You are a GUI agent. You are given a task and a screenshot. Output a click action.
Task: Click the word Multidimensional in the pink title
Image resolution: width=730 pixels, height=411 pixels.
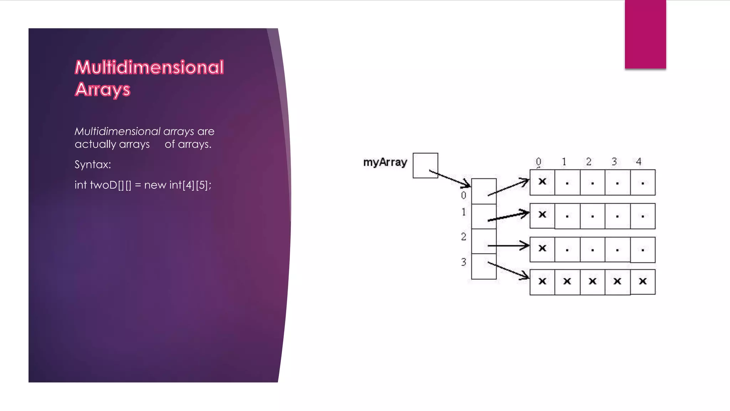[149, 67]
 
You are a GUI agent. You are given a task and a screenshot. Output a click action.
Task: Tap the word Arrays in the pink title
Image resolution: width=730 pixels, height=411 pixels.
[103, 89]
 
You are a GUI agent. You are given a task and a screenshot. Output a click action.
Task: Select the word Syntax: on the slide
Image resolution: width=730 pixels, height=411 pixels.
[93, 164]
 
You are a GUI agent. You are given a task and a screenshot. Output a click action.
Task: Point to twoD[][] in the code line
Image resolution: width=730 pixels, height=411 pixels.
[110, 185]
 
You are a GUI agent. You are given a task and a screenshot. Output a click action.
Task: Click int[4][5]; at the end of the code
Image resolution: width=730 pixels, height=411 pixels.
[190, 185]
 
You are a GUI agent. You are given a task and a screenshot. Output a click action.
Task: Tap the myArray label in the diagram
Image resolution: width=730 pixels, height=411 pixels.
[385, 162]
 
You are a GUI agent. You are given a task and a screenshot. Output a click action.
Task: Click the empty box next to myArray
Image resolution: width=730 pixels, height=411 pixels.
[425, 165]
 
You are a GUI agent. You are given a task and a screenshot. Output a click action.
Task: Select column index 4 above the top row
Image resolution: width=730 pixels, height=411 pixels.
[639, 162]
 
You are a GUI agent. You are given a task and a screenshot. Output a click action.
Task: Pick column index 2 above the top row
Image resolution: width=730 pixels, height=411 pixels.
[589, 162]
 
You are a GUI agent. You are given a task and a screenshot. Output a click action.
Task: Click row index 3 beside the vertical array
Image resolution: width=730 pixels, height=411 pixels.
[463, 262]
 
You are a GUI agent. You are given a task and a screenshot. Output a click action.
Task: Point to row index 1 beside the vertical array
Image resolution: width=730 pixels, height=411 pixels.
[463, 212]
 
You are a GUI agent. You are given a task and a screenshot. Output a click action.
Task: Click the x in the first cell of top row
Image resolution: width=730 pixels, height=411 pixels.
[542, 182]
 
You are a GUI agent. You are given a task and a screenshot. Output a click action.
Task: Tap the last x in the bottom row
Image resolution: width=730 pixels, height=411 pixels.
[643, 281]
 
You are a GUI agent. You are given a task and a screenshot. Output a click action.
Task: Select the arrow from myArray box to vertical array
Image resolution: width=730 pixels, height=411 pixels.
[450, 179]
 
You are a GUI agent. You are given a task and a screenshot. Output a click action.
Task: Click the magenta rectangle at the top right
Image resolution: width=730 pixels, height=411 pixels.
[645, 34]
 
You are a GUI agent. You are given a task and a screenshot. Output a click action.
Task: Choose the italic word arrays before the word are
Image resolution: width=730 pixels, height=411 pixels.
[179, 131]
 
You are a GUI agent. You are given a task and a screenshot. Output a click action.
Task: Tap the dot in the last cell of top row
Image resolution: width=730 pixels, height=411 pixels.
[643, 183]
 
